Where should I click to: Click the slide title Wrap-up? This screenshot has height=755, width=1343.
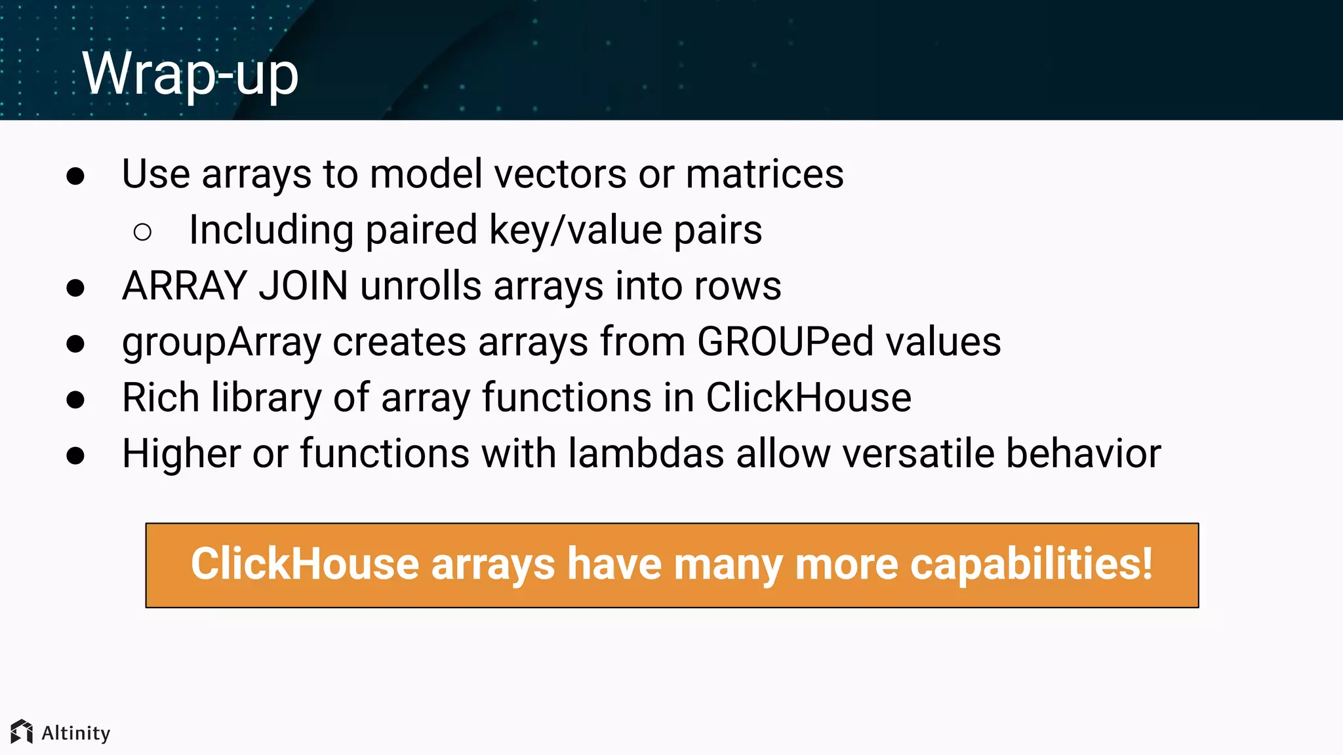coord(190,74)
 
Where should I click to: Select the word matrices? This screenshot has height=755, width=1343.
coord(765,174)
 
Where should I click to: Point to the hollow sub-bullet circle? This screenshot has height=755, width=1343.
coord(142,231)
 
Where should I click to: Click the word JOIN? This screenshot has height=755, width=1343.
coord(303,286)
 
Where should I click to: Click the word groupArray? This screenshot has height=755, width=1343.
coord(222,342)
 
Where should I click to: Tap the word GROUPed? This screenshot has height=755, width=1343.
coord(785,342)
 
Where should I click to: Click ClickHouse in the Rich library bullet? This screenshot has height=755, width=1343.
coord(808,398)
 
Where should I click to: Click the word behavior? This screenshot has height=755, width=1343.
coord(1083,454)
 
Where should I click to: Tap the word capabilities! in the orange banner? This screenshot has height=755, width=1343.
coord(1032,564)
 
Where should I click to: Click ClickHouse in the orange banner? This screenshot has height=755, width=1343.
coord(305,564)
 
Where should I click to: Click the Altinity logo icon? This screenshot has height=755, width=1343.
coord(22,731)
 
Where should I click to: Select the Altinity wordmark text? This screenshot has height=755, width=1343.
coord(76,733)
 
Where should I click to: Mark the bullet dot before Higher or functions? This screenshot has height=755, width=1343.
coord(75,455)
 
